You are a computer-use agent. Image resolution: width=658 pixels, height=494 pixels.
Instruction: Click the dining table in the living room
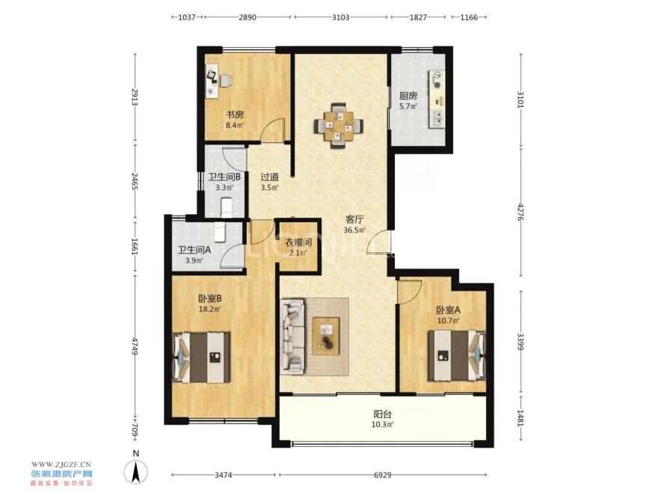pos(338,126)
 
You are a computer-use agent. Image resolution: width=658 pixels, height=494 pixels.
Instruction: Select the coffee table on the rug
pos(326,336)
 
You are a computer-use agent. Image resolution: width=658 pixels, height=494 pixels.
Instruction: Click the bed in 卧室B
pos(201,357)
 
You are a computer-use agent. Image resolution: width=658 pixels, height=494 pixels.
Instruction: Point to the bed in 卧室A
pos(457,356)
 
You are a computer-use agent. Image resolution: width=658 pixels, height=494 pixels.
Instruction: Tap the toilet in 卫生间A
pos(220,232)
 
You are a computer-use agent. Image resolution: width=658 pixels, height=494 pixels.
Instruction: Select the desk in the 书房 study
pos(212,81)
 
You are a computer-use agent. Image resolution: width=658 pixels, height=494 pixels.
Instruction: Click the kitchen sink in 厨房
pos(437,118)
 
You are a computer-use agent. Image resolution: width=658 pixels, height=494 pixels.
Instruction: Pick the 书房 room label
pos(235,115)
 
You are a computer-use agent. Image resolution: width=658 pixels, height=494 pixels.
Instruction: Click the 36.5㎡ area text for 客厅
pos(354,230)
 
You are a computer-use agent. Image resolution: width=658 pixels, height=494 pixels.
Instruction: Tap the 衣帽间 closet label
pos(298,243)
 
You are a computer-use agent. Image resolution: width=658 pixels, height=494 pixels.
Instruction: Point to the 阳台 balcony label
pos(382,414)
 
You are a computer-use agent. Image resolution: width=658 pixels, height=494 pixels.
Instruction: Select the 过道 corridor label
pos(269,177)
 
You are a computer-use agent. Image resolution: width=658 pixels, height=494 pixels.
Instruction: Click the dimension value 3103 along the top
pos(340,17)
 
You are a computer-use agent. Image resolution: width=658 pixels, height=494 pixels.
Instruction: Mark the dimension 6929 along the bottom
pos(382,475)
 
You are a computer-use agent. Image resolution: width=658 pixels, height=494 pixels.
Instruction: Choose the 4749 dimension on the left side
pos(135,346)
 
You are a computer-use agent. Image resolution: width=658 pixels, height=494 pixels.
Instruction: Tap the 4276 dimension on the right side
pos(520,212)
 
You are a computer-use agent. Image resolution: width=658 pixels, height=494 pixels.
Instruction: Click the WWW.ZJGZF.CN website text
pos(61,464)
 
